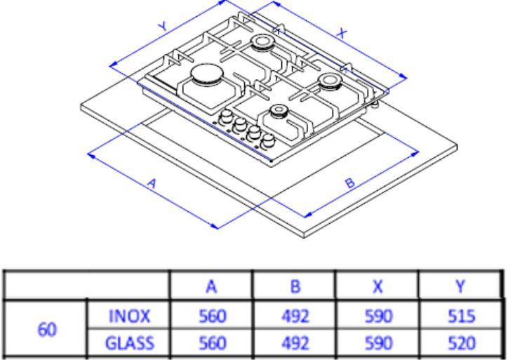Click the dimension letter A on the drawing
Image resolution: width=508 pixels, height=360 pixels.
(x=152, y=184)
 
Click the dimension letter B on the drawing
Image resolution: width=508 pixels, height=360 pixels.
(x=350, y=183)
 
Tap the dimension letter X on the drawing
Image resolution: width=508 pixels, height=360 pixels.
(x=342, y=34)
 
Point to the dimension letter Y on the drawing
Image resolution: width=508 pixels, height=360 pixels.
(x=163, y=26)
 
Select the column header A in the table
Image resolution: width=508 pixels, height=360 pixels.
(x=211, y=286)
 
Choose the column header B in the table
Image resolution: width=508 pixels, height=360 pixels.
(x=295, y=286)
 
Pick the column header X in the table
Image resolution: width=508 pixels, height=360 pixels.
(x=377, y=286)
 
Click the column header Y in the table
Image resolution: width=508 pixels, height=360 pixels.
(x=460, y=286)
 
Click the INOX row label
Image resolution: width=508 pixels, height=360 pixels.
(x=130, y=316)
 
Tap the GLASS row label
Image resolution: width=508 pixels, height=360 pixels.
(x=130, y=343)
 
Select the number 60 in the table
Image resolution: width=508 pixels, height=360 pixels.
(x=47, y=330)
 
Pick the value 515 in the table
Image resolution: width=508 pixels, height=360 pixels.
(x=462, y=316)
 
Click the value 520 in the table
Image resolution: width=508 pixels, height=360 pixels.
(x=462, y=343)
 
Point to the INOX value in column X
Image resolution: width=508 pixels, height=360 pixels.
(x=378, y=316)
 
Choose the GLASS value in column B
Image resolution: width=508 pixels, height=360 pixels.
(x=295, y=343)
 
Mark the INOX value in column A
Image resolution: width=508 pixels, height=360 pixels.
(x=212, y=316)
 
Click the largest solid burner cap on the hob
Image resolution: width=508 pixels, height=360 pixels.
(x=206, y=73)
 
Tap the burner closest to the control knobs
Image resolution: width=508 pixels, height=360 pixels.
(x=278, y=111)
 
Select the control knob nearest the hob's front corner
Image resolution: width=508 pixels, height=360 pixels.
(x=267, y=142)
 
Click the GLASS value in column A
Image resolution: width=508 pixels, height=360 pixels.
(x=212, y=343)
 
